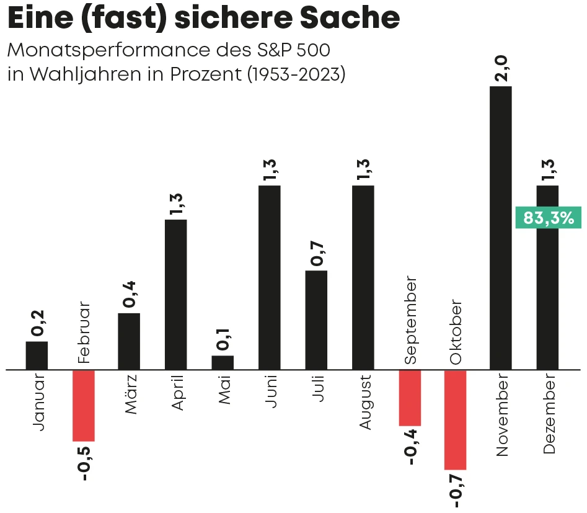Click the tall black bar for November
tap(501, 228)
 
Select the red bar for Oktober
tap(455, 419)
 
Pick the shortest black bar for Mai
tap(223, 362)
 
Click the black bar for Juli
tap(316, 320)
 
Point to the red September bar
tap(410, 398)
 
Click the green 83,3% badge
tap(548, 218)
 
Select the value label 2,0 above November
tap(501, 68)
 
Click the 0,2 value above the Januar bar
tap(37, 324)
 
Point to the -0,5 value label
tap(84, 462)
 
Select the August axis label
tap(364, 401)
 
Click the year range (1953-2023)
tap(296, 74)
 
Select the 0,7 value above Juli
tap(317, 253)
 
